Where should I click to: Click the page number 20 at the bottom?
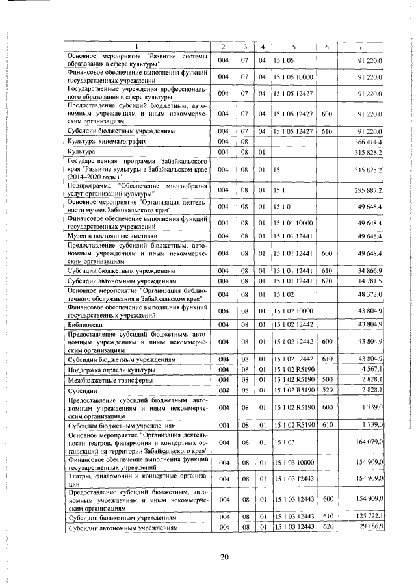click(x=225, y=556)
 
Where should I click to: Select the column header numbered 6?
click(x=326, y=47)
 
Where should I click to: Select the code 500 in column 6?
click(x=327, y=379)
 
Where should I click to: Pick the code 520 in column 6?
click(x=327, y=390)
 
